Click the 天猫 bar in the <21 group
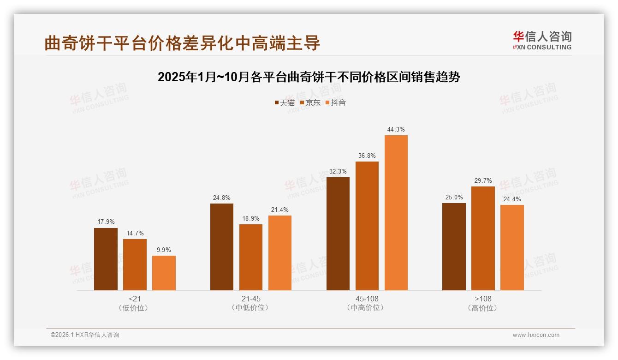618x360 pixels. click(x=106, y=259)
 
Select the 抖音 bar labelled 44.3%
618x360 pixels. click(x=396, y=213)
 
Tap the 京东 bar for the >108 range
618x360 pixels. click(x=483, y=238)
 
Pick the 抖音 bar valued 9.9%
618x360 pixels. click(x=164, y=273)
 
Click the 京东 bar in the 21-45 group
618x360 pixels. click(x=250, y=257)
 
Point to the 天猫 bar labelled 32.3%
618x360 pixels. click(x=338, y=234)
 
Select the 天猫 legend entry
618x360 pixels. click(x=285, y=102)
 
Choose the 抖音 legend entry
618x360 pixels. click(x=336, y=102)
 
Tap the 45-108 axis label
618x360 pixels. click(x=367, y=299)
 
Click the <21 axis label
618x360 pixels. click(x=135, y=299)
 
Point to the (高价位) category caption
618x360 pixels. click(x=482, y=308)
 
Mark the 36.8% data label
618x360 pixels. click(x=367, y=156)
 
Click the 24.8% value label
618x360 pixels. click(x=222, y=198)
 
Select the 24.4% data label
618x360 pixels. click(x=512, y=199)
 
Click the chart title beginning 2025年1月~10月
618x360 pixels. click(x=309, y=77)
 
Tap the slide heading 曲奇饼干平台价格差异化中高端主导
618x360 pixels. click(x=182, y=43)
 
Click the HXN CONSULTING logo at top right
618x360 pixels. click(x=542, y=40)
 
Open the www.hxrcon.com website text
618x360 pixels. click(x=535, y=335)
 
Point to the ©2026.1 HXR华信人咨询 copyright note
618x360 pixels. click(x=85, y=335)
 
